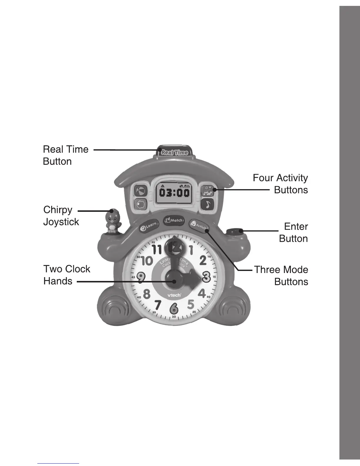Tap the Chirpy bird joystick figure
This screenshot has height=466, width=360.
(x=112, y=221)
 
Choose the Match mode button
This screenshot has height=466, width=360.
(x=174, y=220)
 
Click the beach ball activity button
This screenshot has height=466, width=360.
(x=141, y=191)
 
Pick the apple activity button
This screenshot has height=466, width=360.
(x=141, y=204)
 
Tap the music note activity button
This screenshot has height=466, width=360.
(x=208, y=204)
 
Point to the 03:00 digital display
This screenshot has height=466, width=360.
(x=174, y=193)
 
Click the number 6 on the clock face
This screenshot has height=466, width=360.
(x=174, y=308)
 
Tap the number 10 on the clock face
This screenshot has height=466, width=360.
(x=147, y=260)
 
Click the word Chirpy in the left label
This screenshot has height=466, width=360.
(x=58, y=210)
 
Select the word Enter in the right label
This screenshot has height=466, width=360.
(x=296, y=227)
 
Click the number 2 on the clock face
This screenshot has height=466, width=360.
(x=203, y=260)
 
